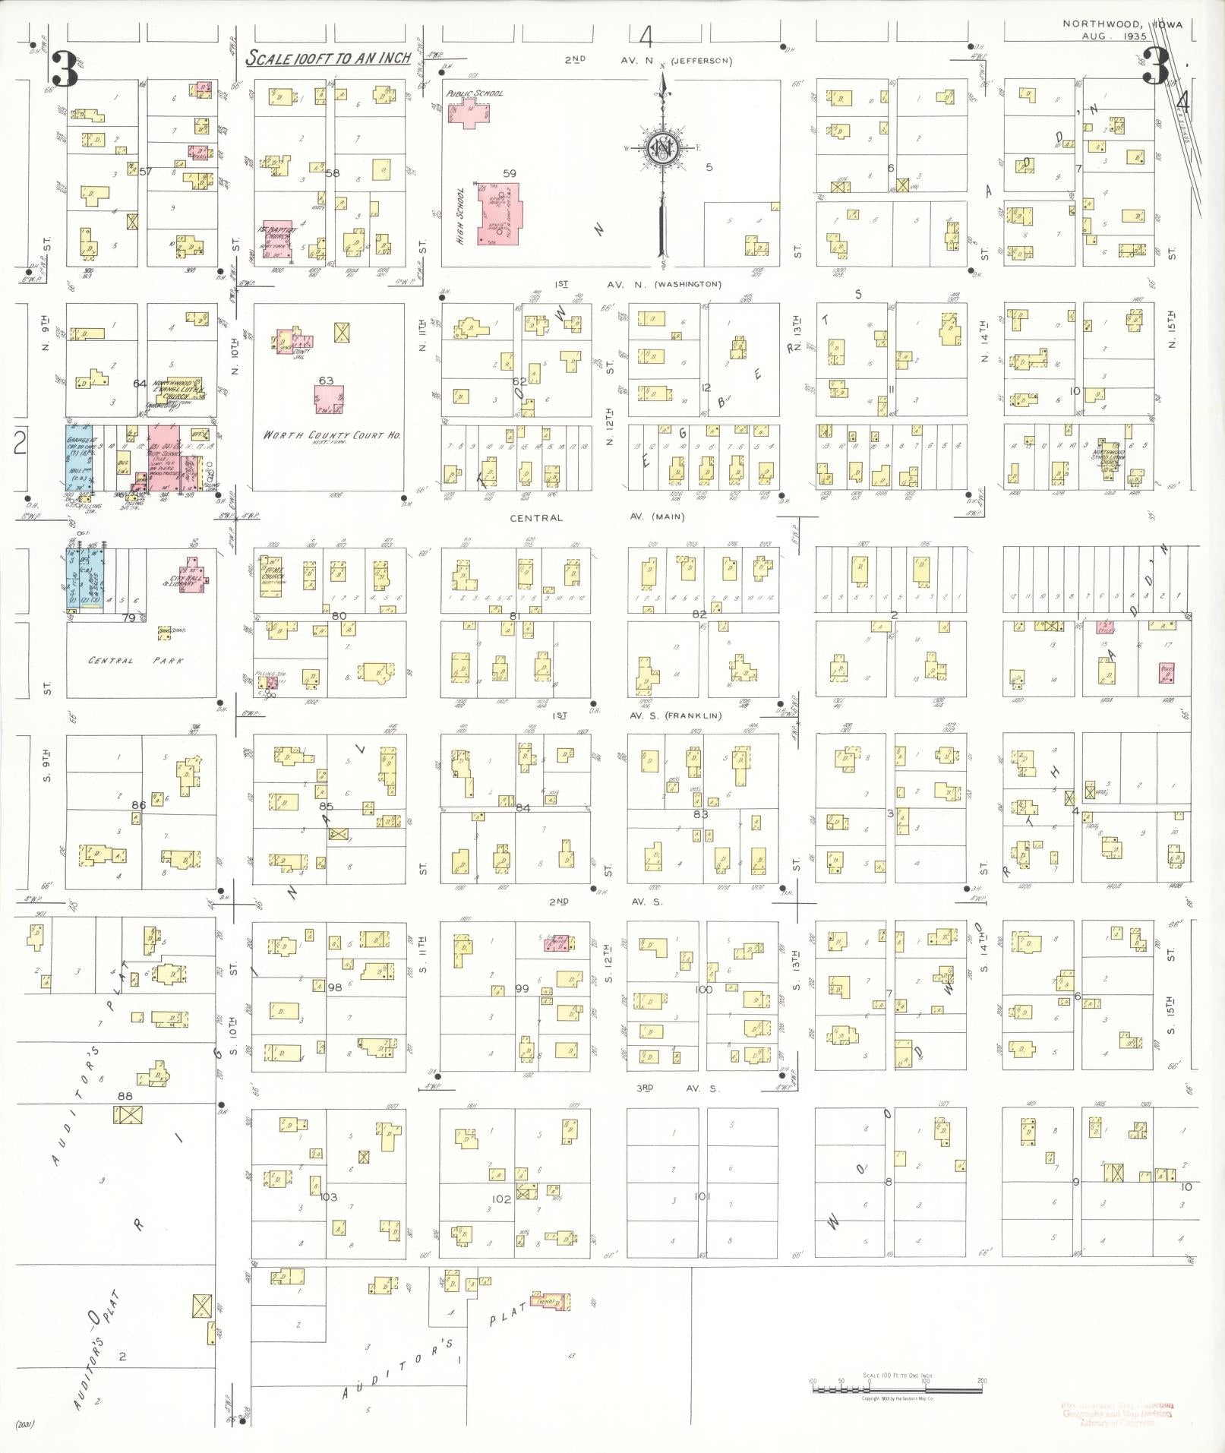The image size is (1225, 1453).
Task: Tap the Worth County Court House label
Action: point(331,436)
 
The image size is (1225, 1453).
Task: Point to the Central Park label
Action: point(136,660)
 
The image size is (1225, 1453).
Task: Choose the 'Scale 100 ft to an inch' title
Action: point(329,58)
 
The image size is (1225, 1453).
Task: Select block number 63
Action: point(326,381)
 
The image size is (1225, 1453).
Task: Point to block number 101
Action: point(702,1196)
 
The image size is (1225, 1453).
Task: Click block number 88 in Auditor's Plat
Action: point(125,1096)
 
